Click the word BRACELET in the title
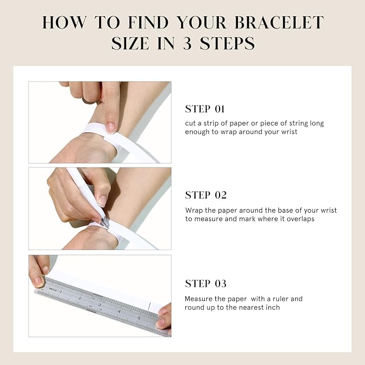279,23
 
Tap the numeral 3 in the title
187,43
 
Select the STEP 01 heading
205,109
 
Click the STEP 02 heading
206,195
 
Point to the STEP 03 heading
206,284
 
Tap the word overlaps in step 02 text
300,220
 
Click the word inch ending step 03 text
273,308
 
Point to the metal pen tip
103,222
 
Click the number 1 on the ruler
61,291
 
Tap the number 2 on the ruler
80,298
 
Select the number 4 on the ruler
119,311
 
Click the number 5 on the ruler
139,318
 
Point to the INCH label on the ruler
53,289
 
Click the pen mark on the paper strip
150,306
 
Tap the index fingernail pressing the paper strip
110,128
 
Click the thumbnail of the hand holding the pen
102,201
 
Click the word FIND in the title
148,23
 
